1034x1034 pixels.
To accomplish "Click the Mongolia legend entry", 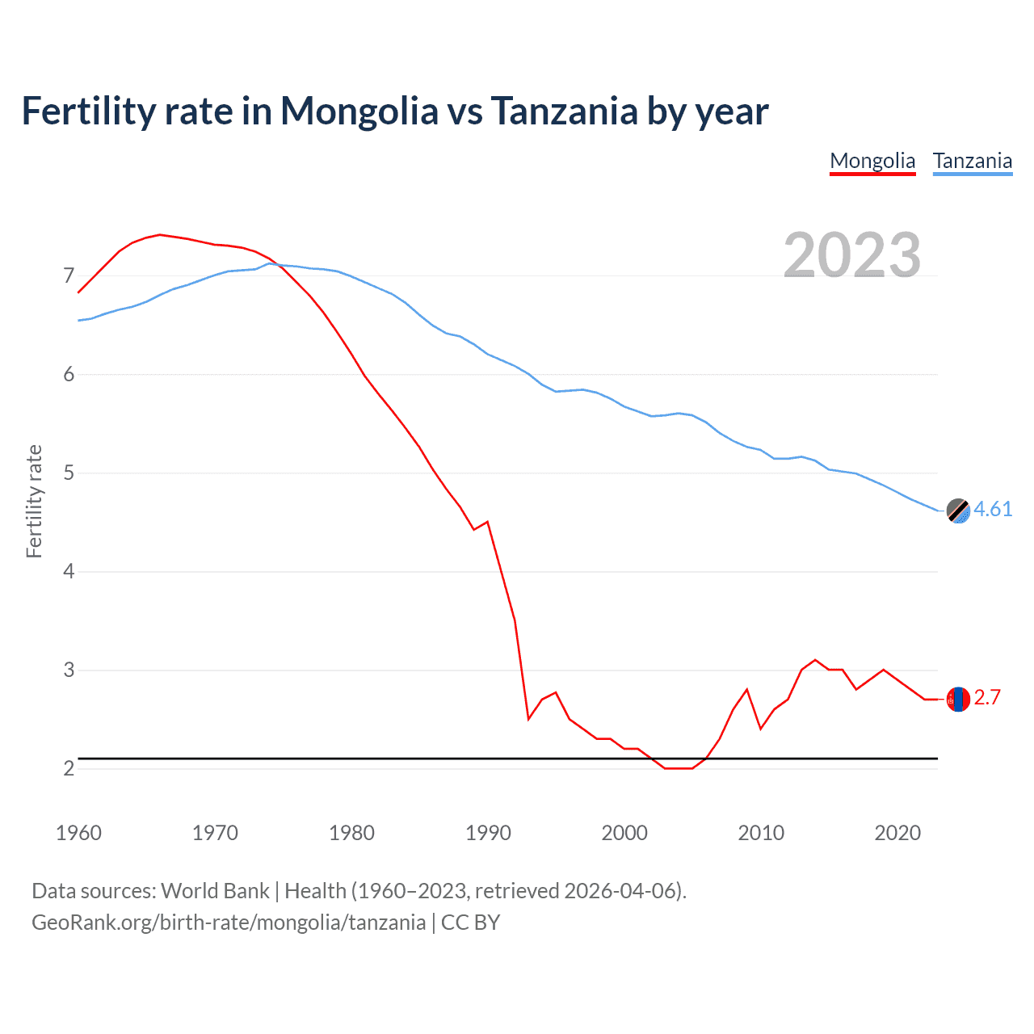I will pyautogui.click(x=872, y=161).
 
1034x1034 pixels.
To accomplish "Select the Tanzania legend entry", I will pyautogui.click(x=973, y=161).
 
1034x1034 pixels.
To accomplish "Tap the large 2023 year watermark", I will pyautogui.click(x=852, y=255).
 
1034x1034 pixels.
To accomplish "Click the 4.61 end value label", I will pyautogui.click(x=993, y=509).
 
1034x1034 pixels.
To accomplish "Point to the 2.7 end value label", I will pyautogui.click(x=987, y=697).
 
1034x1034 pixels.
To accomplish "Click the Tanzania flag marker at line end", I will pyautogui.click(x=958, y=511).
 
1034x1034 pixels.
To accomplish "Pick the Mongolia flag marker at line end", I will pyautogui.click(x=958, y=699).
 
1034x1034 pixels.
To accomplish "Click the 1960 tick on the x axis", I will pyautogui.click(x=78, y=833).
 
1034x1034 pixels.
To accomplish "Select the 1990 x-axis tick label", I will pyautogui.click(x=488, y=833).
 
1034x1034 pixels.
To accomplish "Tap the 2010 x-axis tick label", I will pyautogui.click(x=761, y=833).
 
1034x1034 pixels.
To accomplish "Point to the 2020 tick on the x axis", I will pyautogui.click(x=897, y=833).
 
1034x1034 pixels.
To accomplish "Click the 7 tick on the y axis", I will pyautogui.click(x=69, y=276).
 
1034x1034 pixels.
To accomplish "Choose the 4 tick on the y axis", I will pyautogui.click(x=69, y=572).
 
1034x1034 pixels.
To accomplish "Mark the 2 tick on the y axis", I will pyautogui.click(x=69, y=768).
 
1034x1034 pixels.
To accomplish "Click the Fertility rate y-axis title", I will pyautogui.click(x=34, y=501).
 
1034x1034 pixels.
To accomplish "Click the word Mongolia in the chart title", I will pyautogui.click(x=359, y=111).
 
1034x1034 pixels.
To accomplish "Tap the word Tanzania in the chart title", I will pyautogui.click(x=564, y=111).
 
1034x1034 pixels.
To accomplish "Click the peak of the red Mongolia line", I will pyautogui.click(x=160, y=234).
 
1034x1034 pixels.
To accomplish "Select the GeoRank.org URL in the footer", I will pyautogui.click(x=229, y=923).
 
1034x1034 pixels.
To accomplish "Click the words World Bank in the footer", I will pyautogui.click(x=215, y=891).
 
